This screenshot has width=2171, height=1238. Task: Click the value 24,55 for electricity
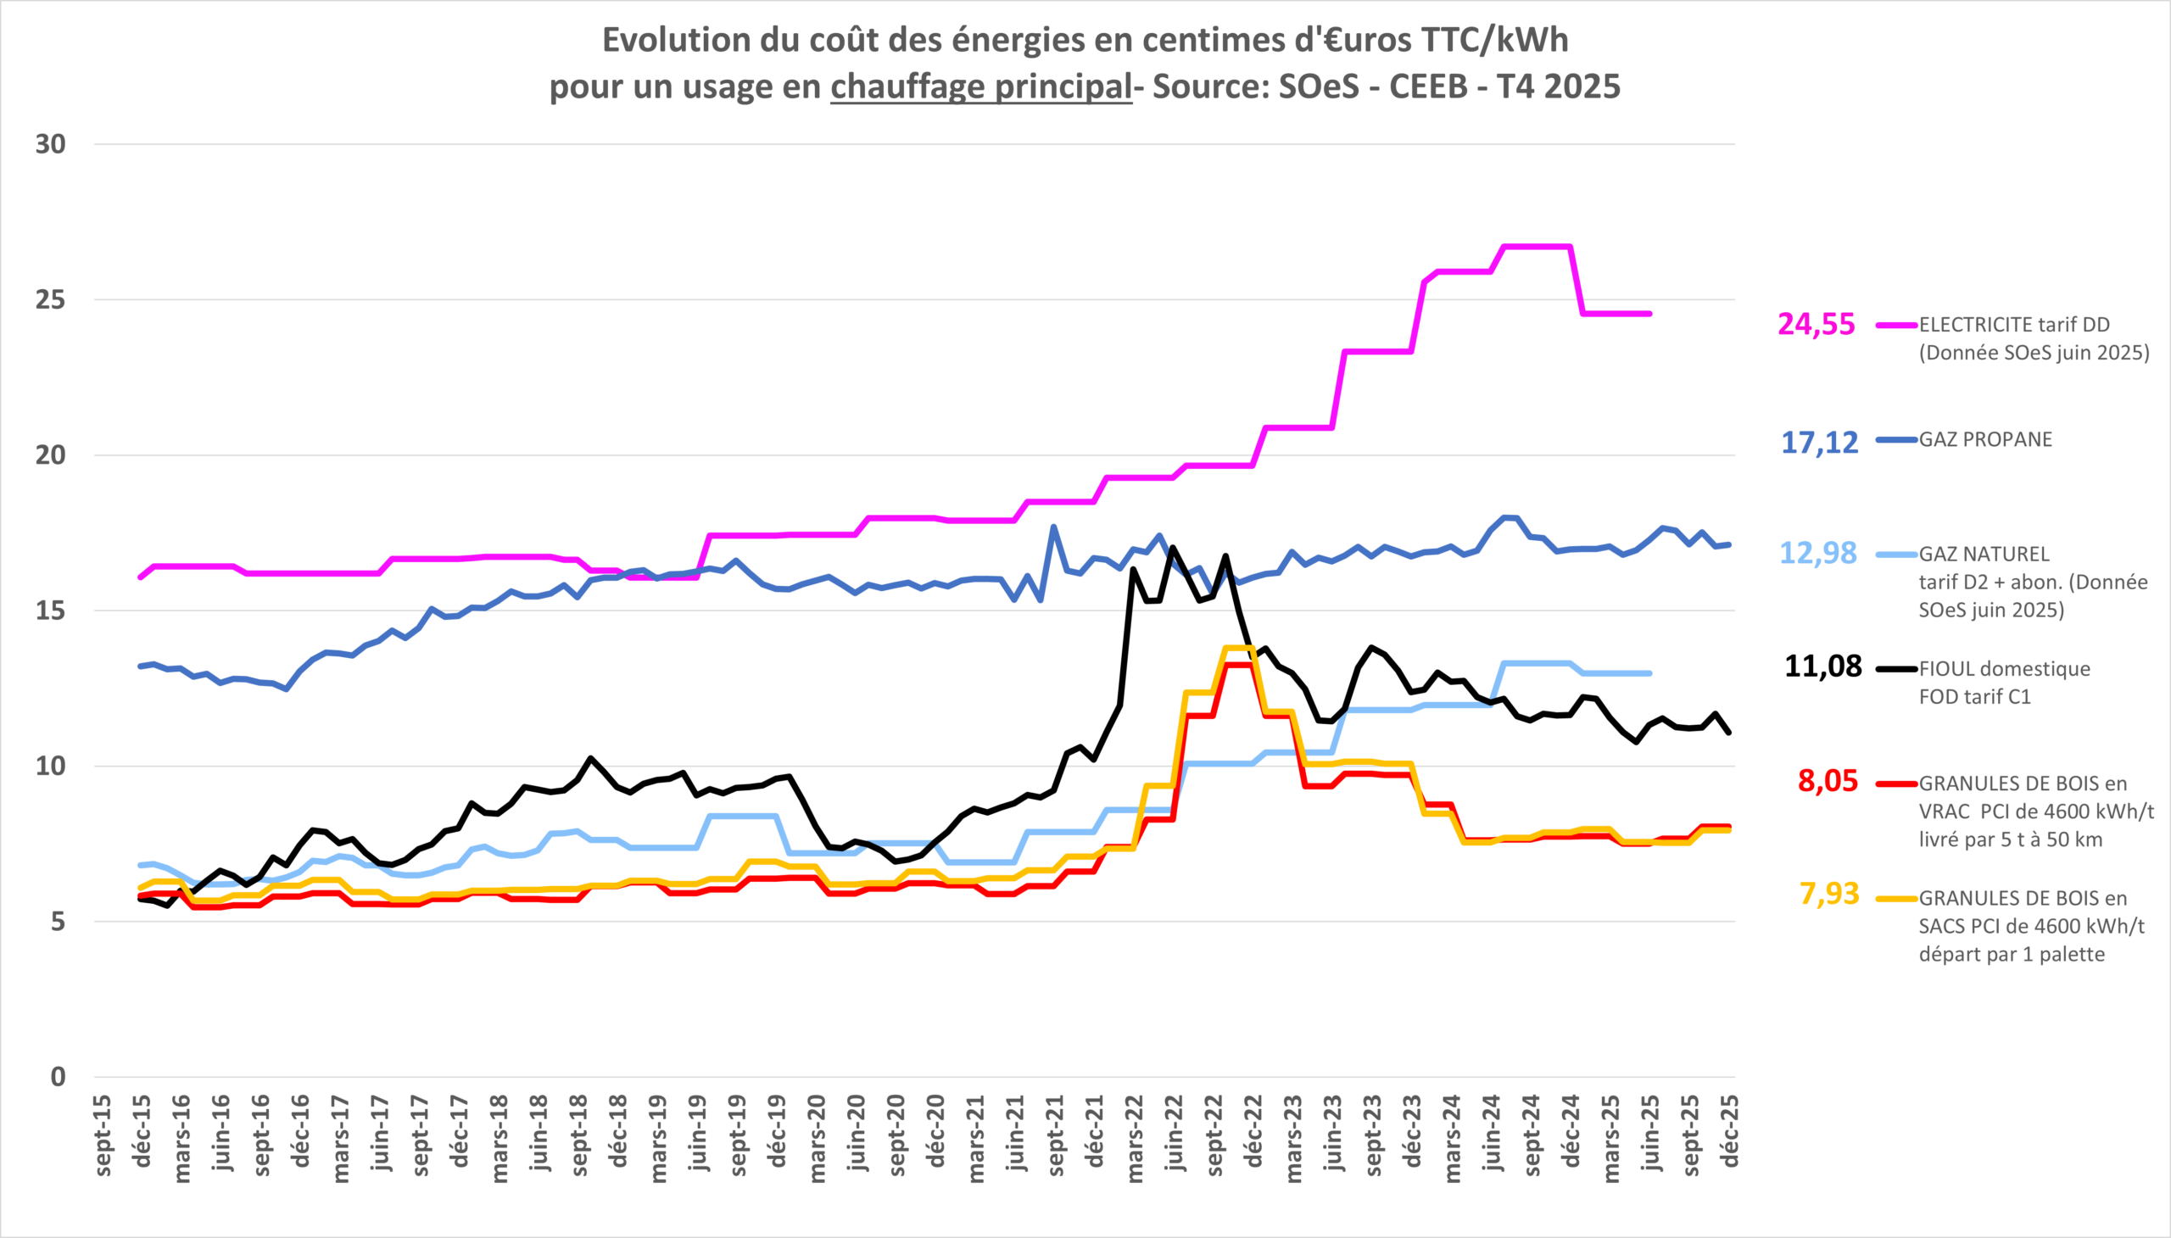[x=1816, y=325]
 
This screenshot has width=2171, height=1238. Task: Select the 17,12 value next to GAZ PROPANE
[x=1819, y=442]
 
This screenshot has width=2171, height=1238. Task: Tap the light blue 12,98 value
[x=1818, y=554]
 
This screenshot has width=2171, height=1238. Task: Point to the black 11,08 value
[x=1822, y=666]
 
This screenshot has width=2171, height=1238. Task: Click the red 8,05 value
[x=1828, y=781]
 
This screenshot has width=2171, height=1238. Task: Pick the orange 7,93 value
[x=1828, y=894]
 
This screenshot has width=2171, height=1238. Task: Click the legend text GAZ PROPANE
[x=1984, y=439]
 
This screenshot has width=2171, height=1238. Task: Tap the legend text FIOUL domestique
[x=2003, y=669]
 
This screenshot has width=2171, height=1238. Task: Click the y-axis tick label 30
[x=50, y=144]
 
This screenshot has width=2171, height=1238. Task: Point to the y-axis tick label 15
[x=50, y=611]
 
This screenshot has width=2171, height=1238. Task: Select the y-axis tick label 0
[x=58, y=1077]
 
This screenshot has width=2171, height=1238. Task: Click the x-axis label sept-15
[x=103, y=1135]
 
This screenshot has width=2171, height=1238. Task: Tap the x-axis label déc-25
[x=1730, y=1131]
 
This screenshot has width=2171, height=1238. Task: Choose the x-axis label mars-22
[x=1135, y=1138]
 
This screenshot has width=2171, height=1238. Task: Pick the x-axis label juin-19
[x=698, y=1134]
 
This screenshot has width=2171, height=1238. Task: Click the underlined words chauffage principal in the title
[x=980, y=86]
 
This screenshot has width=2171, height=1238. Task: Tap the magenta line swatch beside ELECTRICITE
[x=1896, y=325]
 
